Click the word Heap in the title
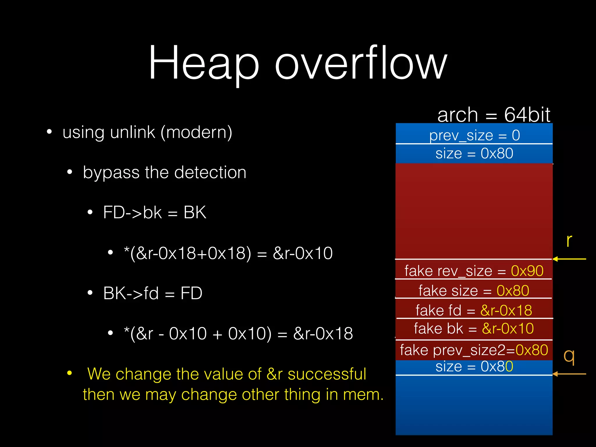[204, 63]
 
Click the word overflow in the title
[361, 63]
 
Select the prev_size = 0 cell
[474, 135]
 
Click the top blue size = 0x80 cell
[474, 153]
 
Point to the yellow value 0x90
[527, 271]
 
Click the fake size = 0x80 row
[474, 290]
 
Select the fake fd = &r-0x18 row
[474, 310]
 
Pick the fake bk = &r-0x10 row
[474, 329]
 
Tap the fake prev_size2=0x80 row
[474, 350]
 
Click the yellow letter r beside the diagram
[569, 241]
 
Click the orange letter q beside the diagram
[569, 356]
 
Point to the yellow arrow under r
[569, 259]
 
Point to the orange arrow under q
[569, 374]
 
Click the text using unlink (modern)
[147, 132]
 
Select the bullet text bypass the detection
[165, 172]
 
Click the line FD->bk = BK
[155, 212]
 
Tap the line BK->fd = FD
[152, 293]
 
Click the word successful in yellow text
[327, 374]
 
